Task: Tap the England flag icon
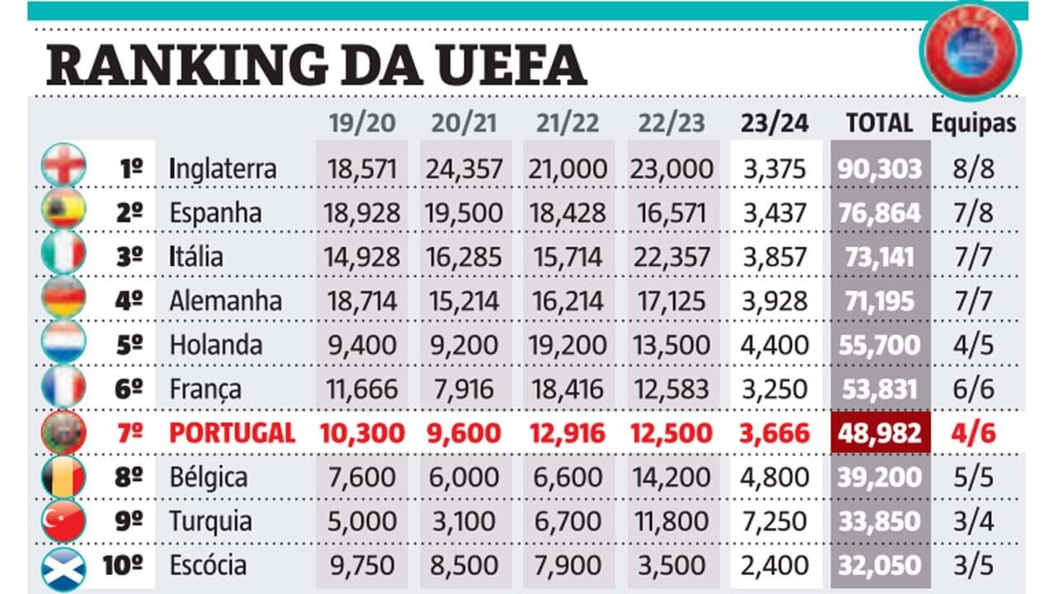pos(64,165)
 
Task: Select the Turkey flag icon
pos(64,521)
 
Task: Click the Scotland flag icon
pos(64,568)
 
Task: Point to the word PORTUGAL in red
pos(232,433)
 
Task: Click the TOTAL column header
pos(879,124)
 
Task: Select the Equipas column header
pos(973,124)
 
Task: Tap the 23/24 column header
pos(775,124)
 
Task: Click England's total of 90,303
pos(879,169)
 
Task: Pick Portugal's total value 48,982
pos(879,433)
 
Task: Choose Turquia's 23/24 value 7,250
pos(775,522)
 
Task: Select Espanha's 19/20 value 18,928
pos(362,213)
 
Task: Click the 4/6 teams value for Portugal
pos(973,433)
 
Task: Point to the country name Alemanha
pos(225,301)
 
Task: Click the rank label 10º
pos(125,566)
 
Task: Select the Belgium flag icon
pos(64,477)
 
